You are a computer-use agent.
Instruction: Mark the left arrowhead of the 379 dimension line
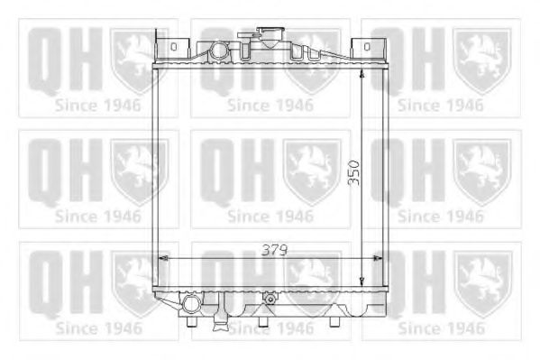(162, 259)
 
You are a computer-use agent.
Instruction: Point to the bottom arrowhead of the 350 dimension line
(363, 282)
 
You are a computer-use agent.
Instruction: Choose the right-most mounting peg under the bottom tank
(341, 318)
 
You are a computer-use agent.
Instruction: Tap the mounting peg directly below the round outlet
(191, 321)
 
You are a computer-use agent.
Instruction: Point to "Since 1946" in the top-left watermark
(98, 105)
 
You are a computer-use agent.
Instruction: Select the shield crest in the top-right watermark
(481, 59)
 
